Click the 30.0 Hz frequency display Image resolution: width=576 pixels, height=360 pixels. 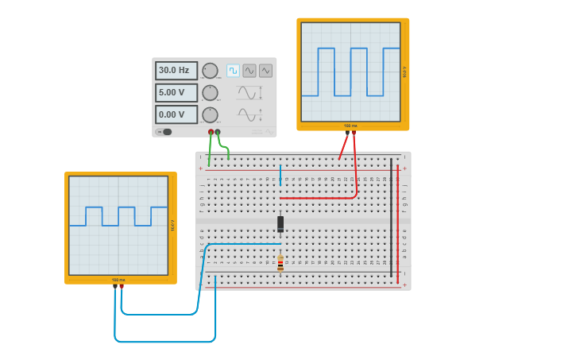pyautogui.click(x=176, y=71)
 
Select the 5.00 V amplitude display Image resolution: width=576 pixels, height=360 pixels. pyautogui.click(x=176, y=92)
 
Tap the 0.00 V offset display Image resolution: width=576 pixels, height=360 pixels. pyautogui.click(x=176, y=114)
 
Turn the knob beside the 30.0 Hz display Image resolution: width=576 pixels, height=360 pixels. pyautogui.click(x=210, y=71)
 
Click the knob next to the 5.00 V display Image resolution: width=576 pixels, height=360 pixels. pyautogui.click(x=210, y=93)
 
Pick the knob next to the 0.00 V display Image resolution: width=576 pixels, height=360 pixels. pyautogui.click(x=210, y=114)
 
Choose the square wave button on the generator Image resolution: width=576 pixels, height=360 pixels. pyautogui.click(x=233, y=71)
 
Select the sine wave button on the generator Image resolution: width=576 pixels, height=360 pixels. pyautogui.click(x=249, y=71)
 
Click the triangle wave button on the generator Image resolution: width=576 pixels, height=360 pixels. pyautogui.click(x=265, y=71)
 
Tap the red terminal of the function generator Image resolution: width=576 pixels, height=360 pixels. pyautogui.click(x=211, y=132)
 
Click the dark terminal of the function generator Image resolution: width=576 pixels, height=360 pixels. pyautogui.click(x=218, y=132)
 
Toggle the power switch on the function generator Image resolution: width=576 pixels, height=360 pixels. pyautogui.click(x=165, y=132)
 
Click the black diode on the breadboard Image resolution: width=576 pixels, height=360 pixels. pyautogui.click(x=280, y=223)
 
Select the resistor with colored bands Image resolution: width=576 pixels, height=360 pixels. pyautogui.click(x=280, y=263)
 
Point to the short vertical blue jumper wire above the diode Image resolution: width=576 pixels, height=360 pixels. pyautogui.click(x=280, y=175)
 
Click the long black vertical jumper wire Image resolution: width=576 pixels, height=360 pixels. pyautogui.click(x=391, y=217)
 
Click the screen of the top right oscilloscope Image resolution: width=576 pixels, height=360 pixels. pyautogui.click(x=350, y=72)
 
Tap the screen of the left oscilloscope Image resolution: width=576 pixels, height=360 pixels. pyautogui.click(x=118, y=225)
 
